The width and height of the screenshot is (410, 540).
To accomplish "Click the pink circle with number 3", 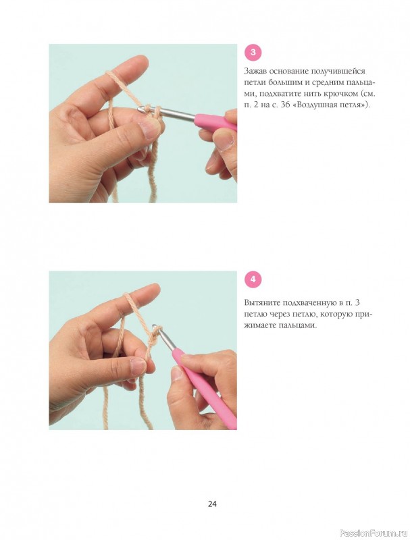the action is tap(253, 53).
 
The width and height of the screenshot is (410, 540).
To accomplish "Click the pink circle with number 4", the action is tap(253, 279).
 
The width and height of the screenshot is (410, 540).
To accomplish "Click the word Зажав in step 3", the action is tap(255, 71).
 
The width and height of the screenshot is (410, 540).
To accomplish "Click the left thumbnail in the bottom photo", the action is tap(138, 366).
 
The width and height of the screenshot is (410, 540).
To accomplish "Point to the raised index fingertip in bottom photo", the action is tap(154, 289).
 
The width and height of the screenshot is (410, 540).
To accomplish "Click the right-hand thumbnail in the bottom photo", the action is tap(177, 373).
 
